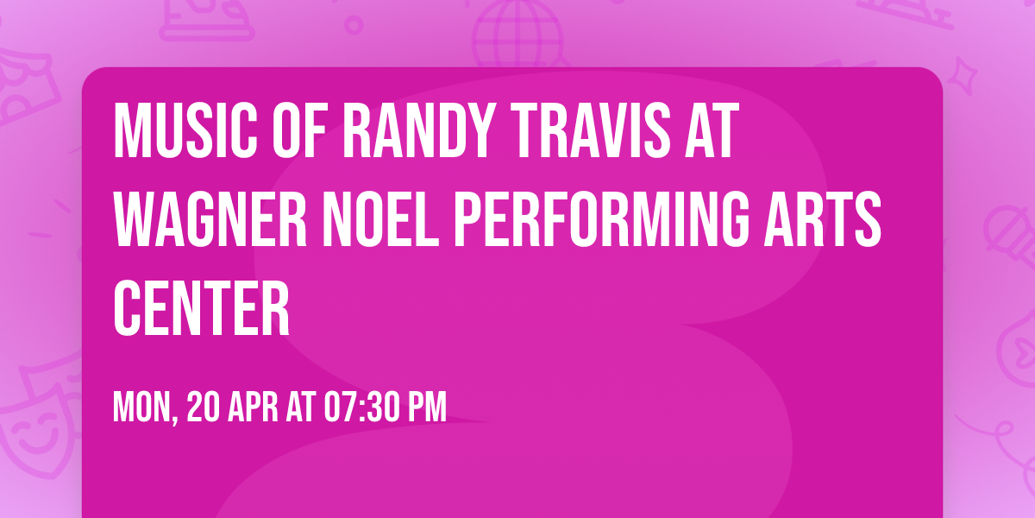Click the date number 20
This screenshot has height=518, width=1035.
204,407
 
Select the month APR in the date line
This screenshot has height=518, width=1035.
256,407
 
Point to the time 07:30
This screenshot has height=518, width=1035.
362,407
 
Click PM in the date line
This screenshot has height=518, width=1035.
427,407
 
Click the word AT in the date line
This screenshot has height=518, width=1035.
302,407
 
